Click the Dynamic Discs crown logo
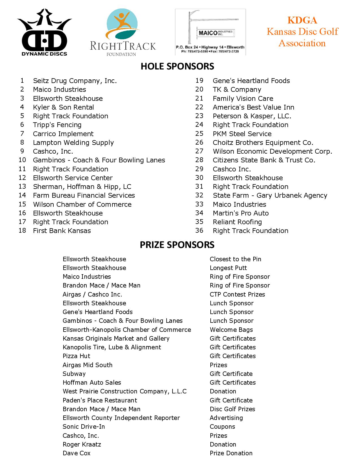tap(44, 32)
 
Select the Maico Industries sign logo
tap(210, 32)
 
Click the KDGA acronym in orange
tap(302, 20)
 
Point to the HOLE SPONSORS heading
tap(177, 66)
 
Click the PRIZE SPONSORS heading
tap(177, 245)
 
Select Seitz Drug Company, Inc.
tap(75, 81)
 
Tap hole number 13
tap(22, 186)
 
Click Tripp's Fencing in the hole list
tap(57, 125)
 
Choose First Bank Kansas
tap(62, 231)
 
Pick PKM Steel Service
tap(242, 134)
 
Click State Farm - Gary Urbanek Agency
tap(270, 195)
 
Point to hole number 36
tap(199, 230)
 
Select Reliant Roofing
tap(237, 222)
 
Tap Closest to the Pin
tap(235, 259)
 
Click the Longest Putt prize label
tap(228, 268)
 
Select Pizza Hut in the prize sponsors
tap(77, 356)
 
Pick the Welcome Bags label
tap(231, 330)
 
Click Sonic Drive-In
tap(84, 426)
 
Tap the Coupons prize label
tap(222, 426)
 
